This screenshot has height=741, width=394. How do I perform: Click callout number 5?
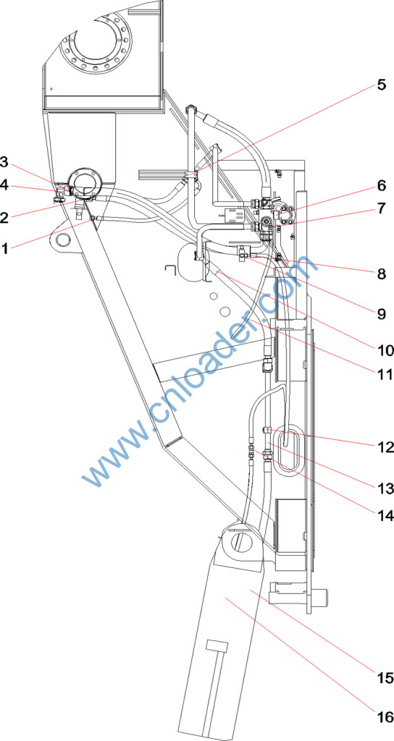[381, 85]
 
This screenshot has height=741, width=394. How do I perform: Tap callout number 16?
[386, 716]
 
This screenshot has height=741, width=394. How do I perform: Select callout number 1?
[4, 247]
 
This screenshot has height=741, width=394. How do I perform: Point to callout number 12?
[386, 446]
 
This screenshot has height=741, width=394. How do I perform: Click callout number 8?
[381, 274]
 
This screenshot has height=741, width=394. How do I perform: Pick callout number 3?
[4, 162]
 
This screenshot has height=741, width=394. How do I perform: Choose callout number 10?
[386, 350]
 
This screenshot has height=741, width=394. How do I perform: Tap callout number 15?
[386, 677]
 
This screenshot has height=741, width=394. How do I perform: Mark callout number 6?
[381, 185]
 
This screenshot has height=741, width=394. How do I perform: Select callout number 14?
[386, 515]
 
